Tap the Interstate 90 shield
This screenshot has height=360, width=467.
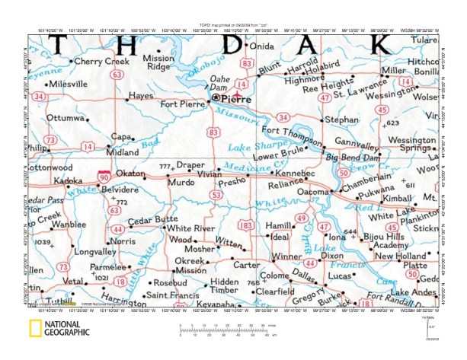[104, 175]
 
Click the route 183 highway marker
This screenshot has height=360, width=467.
[247, 226]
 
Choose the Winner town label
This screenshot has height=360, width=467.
[287, 256]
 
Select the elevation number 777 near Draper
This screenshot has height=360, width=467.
[165, 166]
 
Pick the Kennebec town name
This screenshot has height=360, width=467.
[293, 174]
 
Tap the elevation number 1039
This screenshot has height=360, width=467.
[42, 241]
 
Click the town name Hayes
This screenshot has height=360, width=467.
[141, 97]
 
